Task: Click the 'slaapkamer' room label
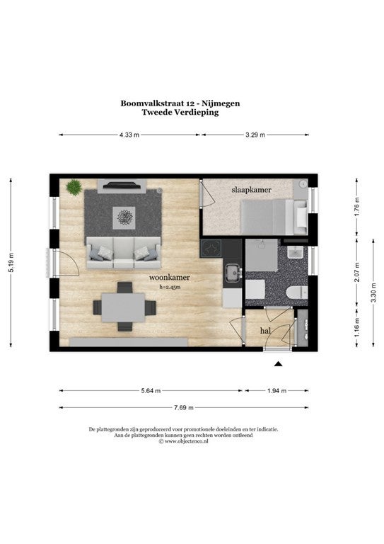point(251,190)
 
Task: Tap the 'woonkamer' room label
point(169,278)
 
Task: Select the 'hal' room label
point(265,331)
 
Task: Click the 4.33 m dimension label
point(129,135)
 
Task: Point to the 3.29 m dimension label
point(255,135)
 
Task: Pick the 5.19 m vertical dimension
point(11,262)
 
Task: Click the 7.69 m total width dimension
point(184,408)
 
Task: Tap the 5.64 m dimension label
point(151,391)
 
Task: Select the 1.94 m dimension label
point(277,391)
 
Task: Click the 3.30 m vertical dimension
point(373,293)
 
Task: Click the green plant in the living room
point(74,187)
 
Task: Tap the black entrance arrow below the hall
point(278,363)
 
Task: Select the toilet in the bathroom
point(297,292)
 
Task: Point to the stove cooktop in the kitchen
point(211,248)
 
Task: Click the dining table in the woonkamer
point(123,307)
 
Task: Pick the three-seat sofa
point(124,253)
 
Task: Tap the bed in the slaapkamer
point(274,217)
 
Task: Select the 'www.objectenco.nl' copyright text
point(186,441)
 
